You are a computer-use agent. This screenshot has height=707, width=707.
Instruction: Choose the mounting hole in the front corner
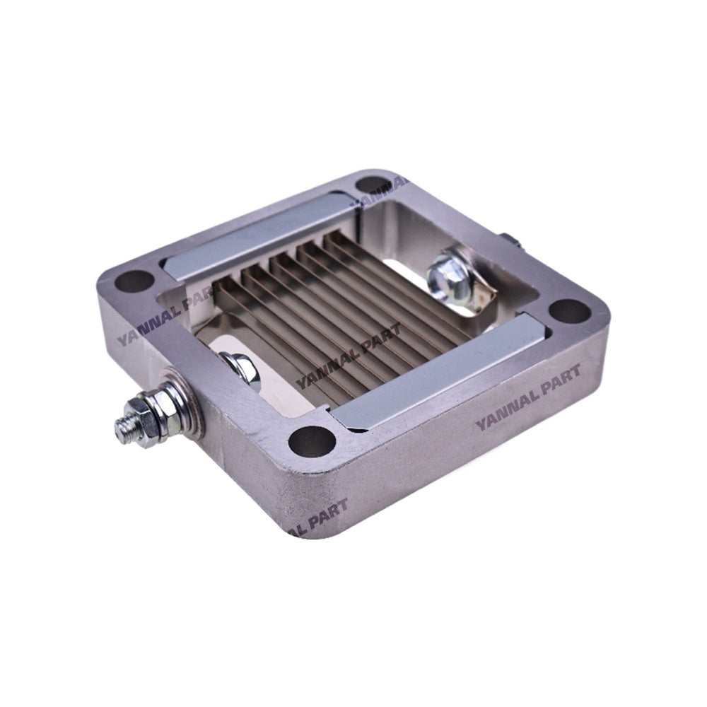(x=311, y=442)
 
